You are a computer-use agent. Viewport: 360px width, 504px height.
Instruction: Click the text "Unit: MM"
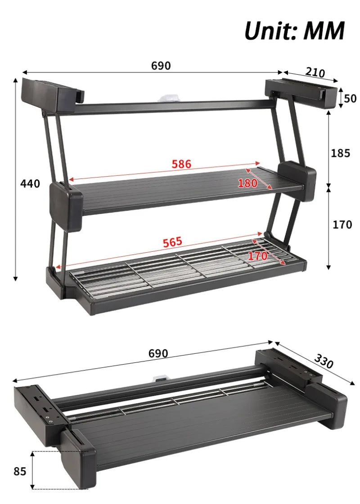295,31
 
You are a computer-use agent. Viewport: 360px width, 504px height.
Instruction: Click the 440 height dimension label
30,183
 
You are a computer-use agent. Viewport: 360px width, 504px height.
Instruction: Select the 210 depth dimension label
315,72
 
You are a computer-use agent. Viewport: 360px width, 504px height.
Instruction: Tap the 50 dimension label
350,98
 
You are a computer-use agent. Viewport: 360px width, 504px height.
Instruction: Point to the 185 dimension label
340,153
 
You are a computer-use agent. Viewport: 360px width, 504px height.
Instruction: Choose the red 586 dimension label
181,164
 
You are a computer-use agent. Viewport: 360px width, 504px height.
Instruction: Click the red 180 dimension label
247,183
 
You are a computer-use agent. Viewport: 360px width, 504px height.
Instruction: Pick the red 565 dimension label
172,242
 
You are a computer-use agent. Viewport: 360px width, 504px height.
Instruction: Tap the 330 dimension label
324,361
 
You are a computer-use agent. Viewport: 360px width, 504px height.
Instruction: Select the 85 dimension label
20,471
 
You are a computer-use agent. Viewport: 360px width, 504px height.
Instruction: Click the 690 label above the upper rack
161,66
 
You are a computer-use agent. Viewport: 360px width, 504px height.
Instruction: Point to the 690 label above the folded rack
158,353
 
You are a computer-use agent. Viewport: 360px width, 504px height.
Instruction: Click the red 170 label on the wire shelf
257,256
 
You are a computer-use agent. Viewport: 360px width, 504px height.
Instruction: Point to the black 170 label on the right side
342,225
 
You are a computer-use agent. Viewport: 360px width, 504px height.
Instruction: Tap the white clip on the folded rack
160,379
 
